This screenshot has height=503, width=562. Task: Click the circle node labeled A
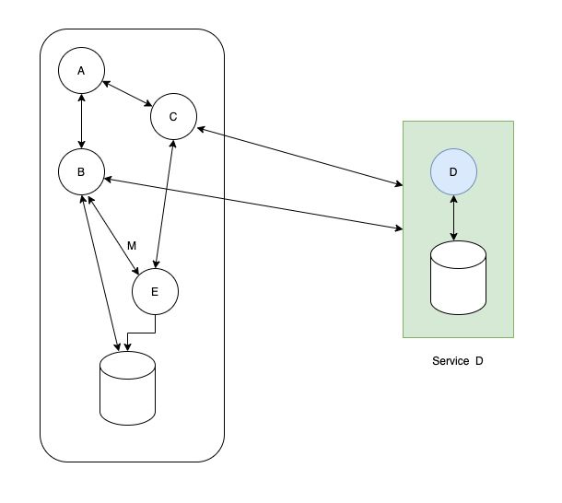click(81, 71)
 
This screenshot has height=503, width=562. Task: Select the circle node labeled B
click(81, 171)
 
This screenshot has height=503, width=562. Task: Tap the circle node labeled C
click(173, 116)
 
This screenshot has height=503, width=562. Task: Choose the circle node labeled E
click(155, 292)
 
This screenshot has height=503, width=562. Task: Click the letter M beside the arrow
click(132, 246)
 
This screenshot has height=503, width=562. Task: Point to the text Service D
click(457, 361)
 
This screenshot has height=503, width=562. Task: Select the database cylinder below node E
click(127, 388)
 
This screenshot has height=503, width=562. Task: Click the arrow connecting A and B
click(82, 121)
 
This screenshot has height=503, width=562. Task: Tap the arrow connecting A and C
click(127, 94)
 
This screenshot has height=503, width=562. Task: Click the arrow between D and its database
click(453, 217)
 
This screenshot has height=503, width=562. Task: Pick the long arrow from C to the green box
click(299, 157)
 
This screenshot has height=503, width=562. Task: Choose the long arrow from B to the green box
click(253, 202)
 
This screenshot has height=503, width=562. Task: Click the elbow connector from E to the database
click(140, 333)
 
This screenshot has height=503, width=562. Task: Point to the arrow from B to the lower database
click(100, 272)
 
